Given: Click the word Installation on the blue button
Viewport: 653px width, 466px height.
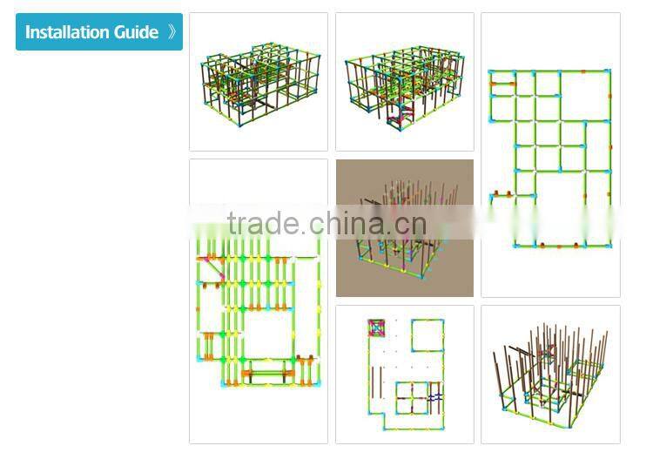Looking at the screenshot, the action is (x=67, y=32).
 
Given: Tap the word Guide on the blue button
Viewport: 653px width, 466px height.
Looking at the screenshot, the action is (x=136, y=32).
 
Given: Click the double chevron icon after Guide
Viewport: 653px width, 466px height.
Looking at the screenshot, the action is (x=172, y=32).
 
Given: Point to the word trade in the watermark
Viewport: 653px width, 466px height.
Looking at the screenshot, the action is (x=264, y=224).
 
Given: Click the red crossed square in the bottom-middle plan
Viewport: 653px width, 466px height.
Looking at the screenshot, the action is (x=378, y=329).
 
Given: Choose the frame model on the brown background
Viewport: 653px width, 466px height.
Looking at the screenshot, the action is (x=405, y=228).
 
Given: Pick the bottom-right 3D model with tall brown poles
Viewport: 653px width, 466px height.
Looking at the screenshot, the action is (x=550, y=375).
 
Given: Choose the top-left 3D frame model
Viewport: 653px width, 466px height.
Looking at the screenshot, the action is (x=259, y=83).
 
